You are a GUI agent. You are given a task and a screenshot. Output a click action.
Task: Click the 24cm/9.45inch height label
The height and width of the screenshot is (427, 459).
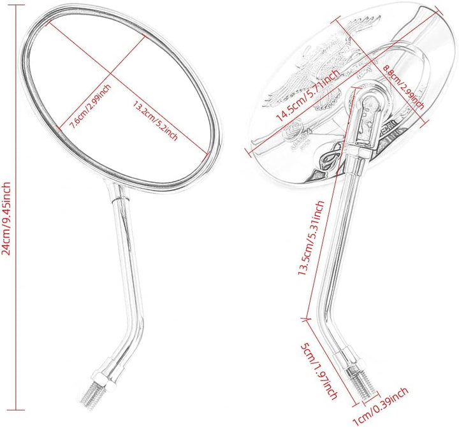click(6, 219)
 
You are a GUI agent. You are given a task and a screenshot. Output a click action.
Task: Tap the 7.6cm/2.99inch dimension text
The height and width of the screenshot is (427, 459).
click(90, 106)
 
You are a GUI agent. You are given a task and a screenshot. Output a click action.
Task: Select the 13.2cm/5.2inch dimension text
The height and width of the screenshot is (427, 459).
click(156, 121)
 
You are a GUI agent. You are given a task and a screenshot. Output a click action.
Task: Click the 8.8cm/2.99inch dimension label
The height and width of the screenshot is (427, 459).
click(404, 87)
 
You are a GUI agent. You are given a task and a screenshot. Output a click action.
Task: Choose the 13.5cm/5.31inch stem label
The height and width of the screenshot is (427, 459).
click(311, 238)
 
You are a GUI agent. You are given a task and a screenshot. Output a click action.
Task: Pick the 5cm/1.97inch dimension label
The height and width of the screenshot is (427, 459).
click(319, 371)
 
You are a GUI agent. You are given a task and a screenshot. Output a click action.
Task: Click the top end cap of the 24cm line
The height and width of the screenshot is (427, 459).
click(15, 5)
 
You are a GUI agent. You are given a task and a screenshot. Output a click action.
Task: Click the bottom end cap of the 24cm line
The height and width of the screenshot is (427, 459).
click(15, 410)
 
